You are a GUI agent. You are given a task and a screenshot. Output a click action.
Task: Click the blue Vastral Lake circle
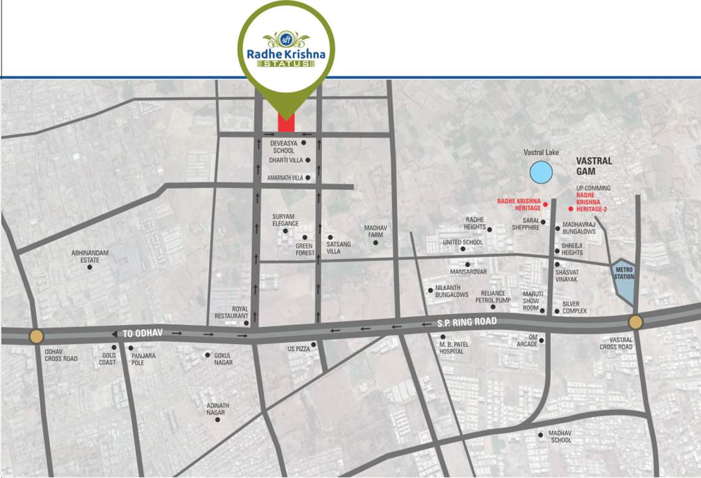pyautogui.click(x=540, y=172)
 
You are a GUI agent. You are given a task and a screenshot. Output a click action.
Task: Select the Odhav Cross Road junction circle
pyautogui.click(x=37, y=337)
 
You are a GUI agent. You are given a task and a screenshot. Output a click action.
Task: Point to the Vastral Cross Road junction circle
pyautogui.click(x=635, y=322)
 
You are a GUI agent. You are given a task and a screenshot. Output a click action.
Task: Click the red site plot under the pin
pyautogui.click(x=286, y=123)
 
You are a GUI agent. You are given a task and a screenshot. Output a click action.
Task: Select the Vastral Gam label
pyautogui.click(x=594, y=166)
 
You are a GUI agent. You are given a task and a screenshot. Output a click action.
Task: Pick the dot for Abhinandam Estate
pyautogui.click(x=90, y=267)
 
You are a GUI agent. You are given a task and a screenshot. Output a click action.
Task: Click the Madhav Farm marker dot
pyautogui.click(x=375, y=242)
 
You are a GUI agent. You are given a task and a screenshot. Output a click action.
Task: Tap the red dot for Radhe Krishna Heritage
pyautogui.click(x=545, y=204)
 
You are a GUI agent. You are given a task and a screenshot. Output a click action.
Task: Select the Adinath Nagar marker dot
pyautogui.click(x=218, y=419)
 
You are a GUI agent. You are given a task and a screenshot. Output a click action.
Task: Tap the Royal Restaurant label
pyautogui.click(x=240, y=312)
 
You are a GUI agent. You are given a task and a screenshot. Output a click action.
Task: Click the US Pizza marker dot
pyautogui.click(x=314, y=344)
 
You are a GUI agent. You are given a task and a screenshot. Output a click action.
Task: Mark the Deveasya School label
pyautogui.click(x=283, y=147)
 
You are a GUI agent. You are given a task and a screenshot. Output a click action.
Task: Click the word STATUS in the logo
pyautogui.click(x=286, y=65)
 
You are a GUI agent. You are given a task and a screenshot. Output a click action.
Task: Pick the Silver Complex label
pyautogui.click(x=575, y=307)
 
